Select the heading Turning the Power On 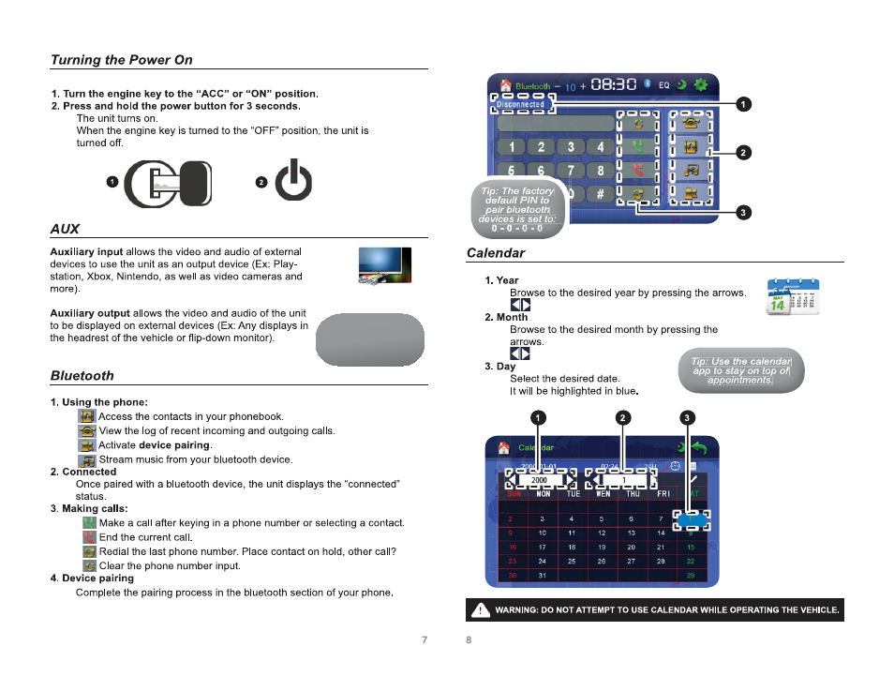click(122, 60)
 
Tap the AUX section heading click(66, 229)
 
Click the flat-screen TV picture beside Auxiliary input click(385, 265)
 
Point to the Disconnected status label click(521, 104)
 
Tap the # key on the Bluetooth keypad click(600, 195)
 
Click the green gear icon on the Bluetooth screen click(700, 85)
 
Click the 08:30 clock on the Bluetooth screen click(614, 85)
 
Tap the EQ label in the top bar click(663, 85)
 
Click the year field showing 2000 click(539, 480)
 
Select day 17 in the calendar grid click(542, 547)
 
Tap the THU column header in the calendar click(633, 493)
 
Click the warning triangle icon click(480, 610)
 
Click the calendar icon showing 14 click(792, 296)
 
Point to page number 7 click(425, 639)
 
